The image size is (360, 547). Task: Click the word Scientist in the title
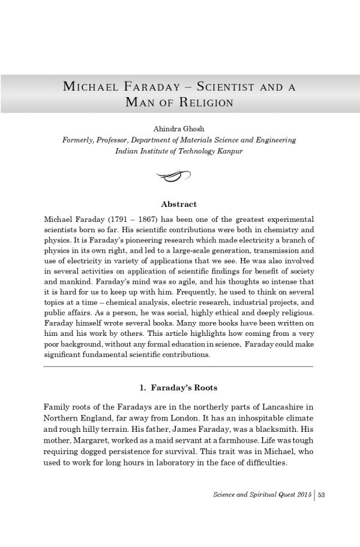226,86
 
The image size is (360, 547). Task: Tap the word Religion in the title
204,102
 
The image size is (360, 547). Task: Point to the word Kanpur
228,151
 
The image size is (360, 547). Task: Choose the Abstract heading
179,205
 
